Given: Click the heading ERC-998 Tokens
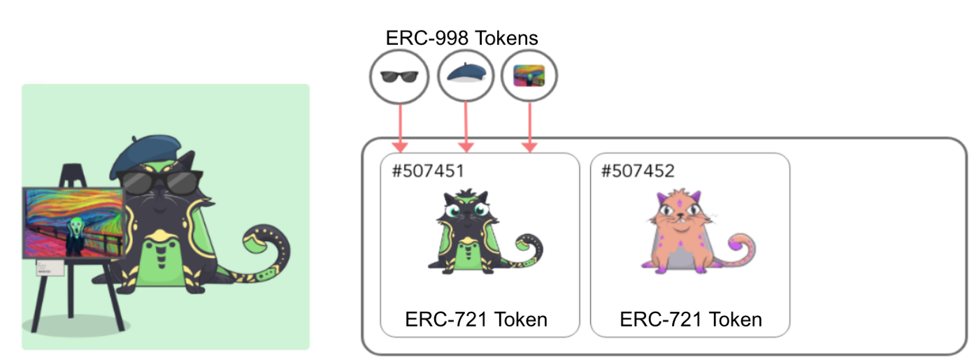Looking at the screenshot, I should [462, 38].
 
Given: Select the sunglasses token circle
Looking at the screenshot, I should [399, 78].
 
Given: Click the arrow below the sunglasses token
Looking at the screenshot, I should [399, 126].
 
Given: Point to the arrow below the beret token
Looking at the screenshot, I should [466, 126].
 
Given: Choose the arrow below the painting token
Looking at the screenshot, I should [529, 126].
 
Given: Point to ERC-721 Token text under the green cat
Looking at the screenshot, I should [476, 319].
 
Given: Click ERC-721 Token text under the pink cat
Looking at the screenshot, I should [691, 319].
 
